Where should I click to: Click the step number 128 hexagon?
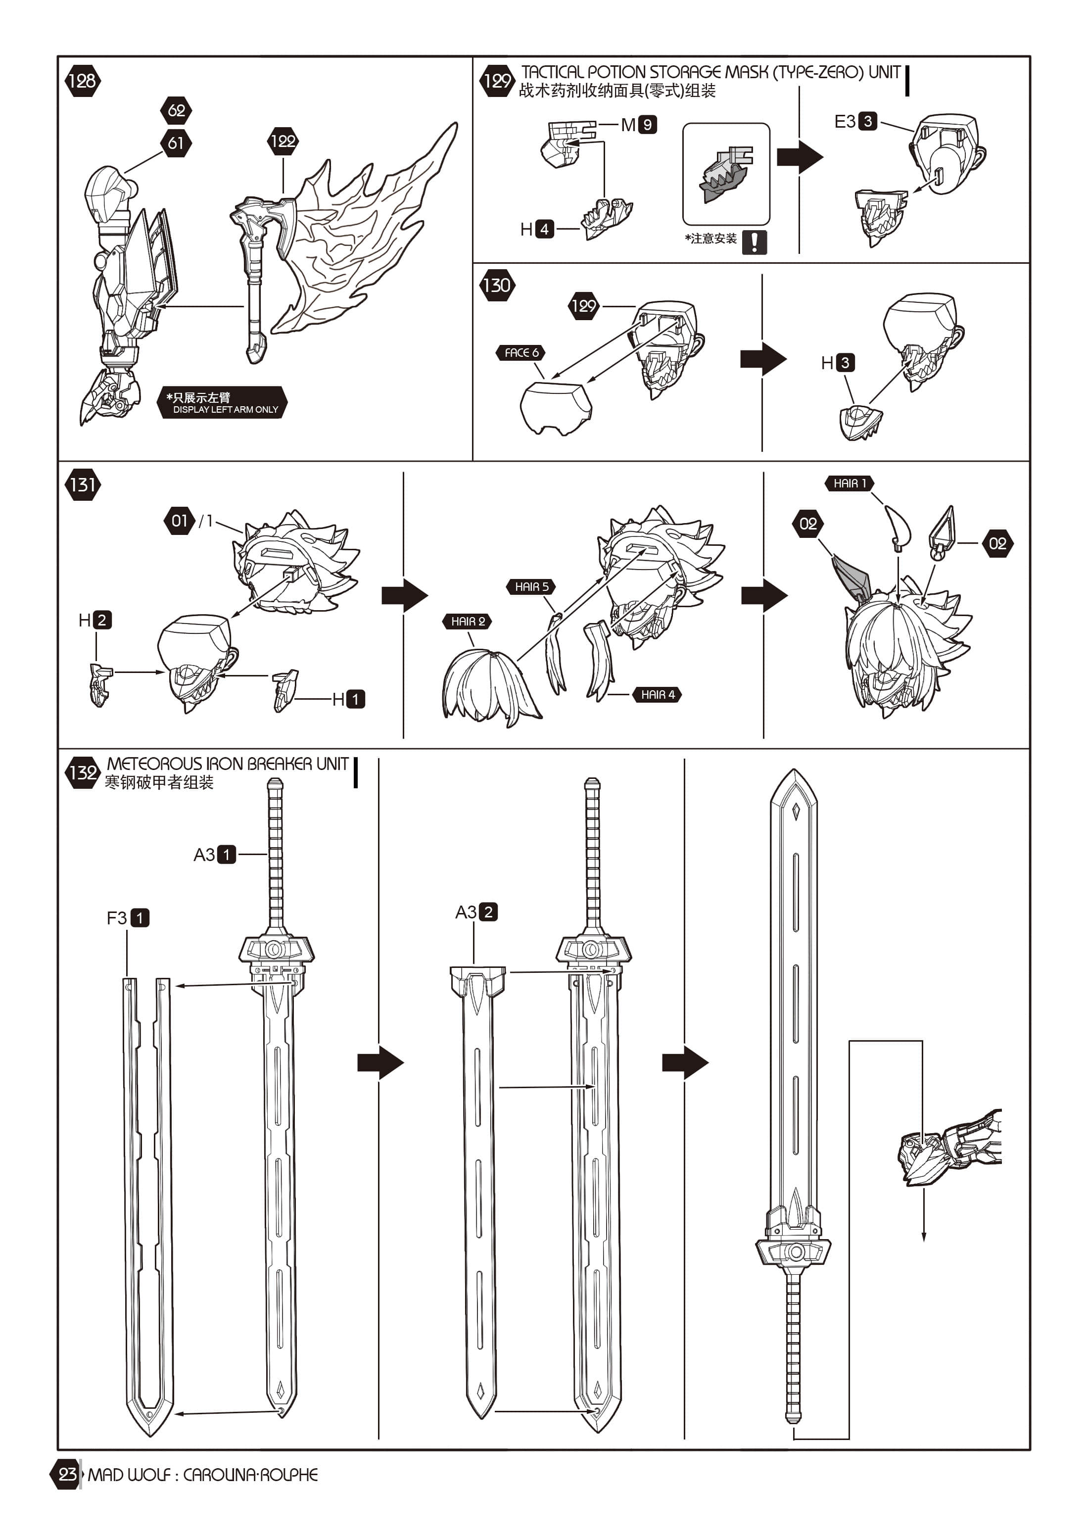click(x=82, y=81)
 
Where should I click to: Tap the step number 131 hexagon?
click(x=82, y=484)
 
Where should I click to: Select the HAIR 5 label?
click(x=531, y=586)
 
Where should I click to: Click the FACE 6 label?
click(x=521, y=353)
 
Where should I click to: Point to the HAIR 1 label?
click(x=850, y=482)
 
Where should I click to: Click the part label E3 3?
click(x=855, y=121)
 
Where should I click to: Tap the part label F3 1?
click(x=128, y=917)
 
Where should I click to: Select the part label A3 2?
click(x=476, y=912)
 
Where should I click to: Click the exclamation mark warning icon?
click(x=755, y=241)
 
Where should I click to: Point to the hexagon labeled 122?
click(x=283, y=141)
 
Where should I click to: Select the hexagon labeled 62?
click(x=176, y=110)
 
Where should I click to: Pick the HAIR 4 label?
click(x=657, y=695)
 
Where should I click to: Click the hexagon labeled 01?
click(x=180, y=521)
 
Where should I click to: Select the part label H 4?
click(x=537, y=229)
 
